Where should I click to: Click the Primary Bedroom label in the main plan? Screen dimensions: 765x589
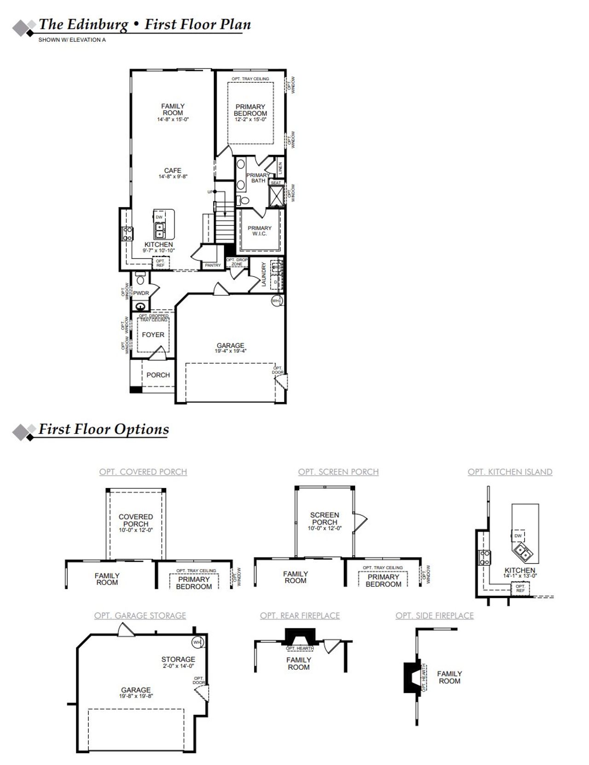coord(250,110)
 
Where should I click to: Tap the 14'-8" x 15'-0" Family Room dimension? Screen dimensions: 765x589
coord(173,120)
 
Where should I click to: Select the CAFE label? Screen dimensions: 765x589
coord(173,170)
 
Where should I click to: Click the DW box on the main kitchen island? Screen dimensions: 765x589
coord(159,217)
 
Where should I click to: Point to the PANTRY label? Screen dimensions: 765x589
coord(213,265)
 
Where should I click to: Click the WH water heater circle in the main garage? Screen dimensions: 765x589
coord(276,301)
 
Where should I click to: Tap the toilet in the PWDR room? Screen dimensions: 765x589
coord(140,278)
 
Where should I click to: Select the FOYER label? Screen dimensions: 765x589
coord(153,335)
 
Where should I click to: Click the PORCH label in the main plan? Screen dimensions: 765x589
coord(158,375)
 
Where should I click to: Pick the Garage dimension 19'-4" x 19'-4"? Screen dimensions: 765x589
coord(231,351)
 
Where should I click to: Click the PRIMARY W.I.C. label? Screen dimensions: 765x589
coord(260,230)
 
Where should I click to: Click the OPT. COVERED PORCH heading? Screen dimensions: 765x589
coord(143,472)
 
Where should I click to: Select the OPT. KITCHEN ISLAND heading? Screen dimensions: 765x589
coord(510,472)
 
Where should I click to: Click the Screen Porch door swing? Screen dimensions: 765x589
coord(360,519)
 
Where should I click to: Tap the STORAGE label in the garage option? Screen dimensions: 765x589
coord(178,659)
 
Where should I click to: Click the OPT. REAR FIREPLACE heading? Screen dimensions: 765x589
coord(300,615)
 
